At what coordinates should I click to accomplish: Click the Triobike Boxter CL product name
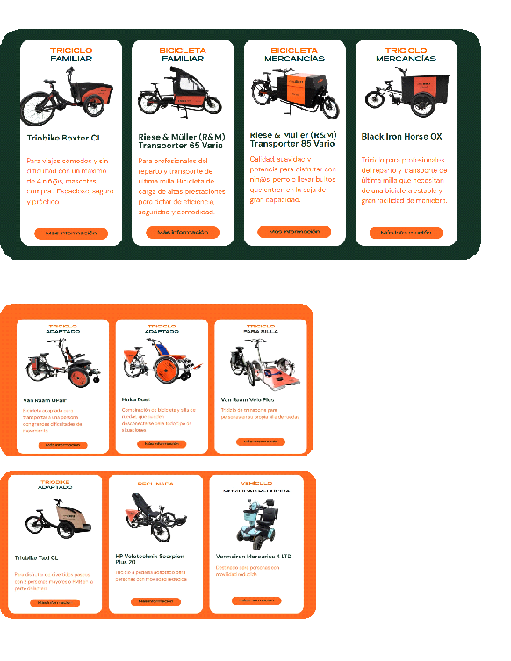pos(64,138)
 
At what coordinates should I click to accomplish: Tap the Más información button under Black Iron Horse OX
pos(406,233)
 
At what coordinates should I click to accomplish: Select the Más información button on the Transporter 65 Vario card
pos(183,233)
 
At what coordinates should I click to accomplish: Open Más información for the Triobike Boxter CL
pos(71,234)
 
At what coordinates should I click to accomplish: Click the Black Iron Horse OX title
pos(401,137)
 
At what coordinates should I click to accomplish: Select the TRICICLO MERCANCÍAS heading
pos(405,54)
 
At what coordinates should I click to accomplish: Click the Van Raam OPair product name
pos(44,399)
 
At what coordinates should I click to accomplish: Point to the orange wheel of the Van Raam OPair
pos(77,378)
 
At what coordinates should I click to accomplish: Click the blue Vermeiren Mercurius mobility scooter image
pos(258,523)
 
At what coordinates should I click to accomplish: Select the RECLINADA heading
pos(155,484)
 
